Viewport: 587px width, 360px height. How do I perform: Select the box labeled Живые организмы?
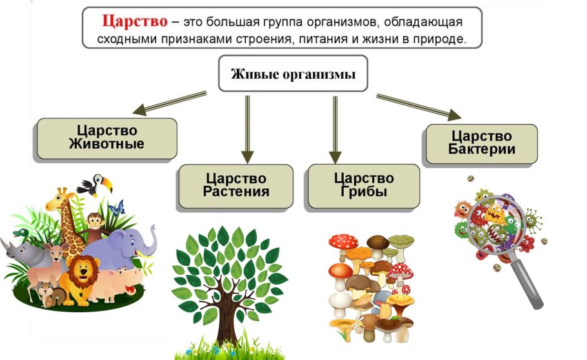[x=294, y=74]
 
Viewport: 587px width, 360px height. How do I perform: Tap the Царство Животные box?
[x=106, y=137]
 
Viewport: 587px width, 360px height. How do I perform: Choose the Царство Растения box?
[x=236, y=185]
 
